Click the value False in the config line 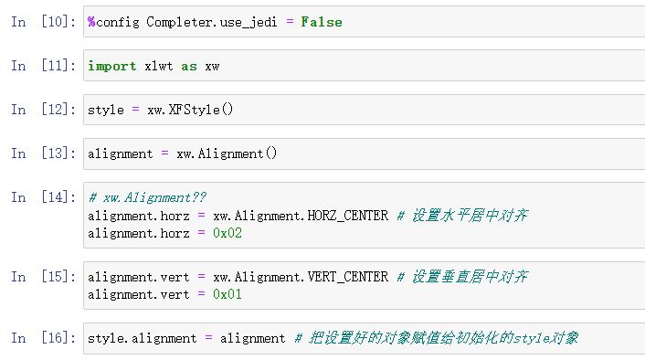click(321, 22)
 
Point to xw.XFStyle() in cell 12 click(190, 110)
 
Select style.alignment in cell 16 click(143, 338)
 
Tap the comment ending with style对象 click(436, 338)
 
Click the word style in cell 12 click(106, 110)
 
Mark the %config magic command click(114, 22)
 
